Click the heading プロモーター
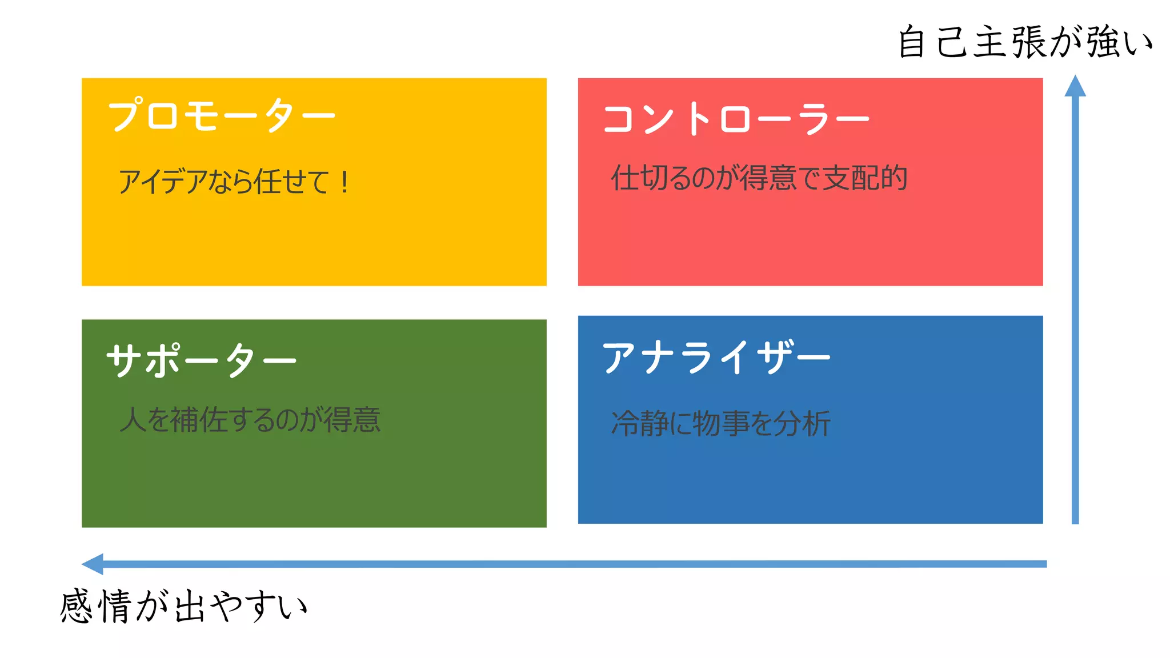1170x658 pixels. click(x=222, y=115)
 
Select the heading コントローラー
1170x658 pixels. click(x=736, y=119)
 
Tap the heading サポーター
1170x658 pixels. click(x=201, y=360)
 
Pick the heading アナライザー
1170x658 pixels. click(x=716, y=358)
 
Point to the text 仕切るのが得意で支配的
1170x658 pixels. click(x=759, y=178)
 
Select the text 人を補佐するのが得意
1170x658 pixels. click(x=250, y=420)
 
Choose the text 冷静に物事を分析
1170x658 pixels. click(x=720, y=424)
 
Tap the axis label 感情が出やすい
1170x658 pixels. click(x=184, y=606)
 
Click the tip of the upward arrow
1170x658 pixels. click(x=1075, y=77)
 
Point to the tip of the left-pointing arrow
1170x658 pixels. click(x=84, y=564)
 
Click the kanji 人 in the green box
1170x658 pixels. click(x=133, y=420)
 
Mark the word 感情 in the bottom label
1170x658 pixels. click(x=96, y=606)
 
